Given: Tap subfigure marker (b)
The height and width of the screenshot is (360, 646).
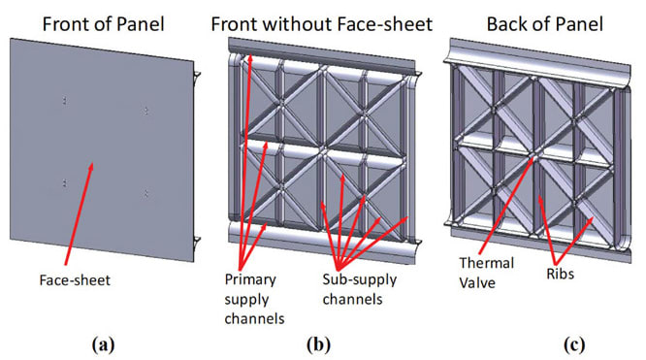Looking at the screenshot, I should [x=322, y=342].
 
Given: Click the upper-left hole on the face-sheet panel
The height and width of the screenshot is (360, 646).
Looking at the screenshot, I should [x=64, y=99].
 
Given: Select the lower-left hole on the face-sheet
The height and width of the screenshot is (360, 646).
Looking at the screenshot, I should [x=64, y=181].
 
